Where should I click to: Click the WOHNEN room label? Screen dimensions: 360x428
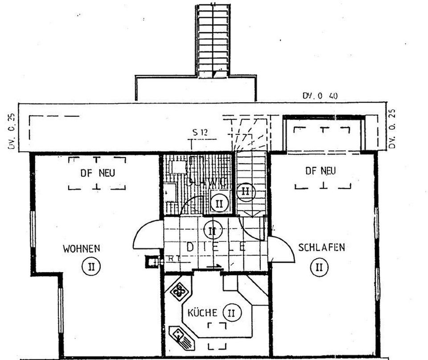click(82, 248)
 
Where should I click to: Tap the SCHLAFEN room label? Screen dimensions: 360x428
click(321, 248)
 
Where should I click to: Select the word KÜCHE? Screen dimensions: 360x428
click(202, 312)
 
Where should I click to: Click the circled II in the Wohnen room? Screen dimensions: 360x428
click(91, 267)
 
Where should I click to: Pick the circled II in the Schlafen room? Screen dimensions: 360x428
click(319, 267)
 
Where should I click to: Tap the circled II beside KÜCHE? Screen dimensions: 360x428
click(231, 313)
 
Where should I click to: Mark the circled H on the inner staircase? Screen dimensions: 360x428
click(245, 191)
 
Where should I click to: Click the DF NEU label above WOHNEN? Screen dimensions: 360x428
click(97, 173)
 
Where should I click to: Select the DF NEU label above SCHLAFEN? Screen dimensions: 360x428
click(321, 170)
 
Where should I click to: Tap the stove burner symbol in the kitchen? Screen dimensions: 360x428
click(179, 292)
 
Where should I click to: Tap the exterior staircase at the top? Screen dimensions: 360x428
click(213, 40)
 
